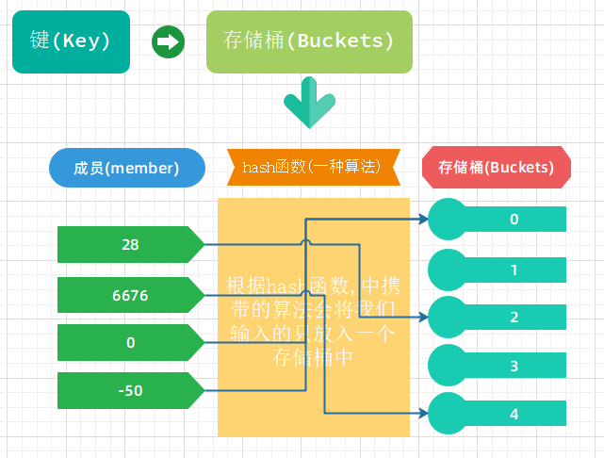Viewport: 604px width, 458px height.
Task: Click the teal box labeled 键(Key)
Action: (x=71, y=42)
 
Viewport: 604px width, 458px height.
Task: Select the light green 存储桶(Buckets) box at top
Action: (x=309, y=42)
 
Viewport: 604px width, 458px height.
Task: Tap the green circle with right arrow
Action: (x=168, y=42)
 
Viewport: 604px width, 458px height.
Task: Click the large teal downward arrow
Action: (x=308, y=104)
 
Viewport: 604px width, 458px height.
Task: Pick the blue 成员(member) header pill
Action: (x=126, y=168)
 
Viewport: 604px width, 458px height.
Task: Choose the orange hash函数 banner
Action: (x=314, y=168)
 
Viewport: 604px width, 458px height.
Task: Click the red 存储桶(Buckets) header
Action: (x=497, y=168)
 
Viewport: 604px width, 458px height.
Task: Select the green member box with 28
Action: (x=130, y=244)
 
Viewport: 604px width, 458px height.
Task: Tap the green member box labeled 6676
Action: (x=130, y=295)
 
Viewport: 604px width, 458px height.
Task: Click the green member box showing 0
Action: (x=130, y=342)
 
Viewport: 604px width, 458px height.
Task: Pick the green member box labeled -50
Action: (x=130, y=389)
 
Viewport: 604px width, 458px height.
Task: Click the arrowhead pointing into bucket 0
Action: (x=423, y=220)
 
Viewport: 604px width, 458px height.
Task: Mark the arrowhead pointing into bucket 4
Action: (x=423, y=414)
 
